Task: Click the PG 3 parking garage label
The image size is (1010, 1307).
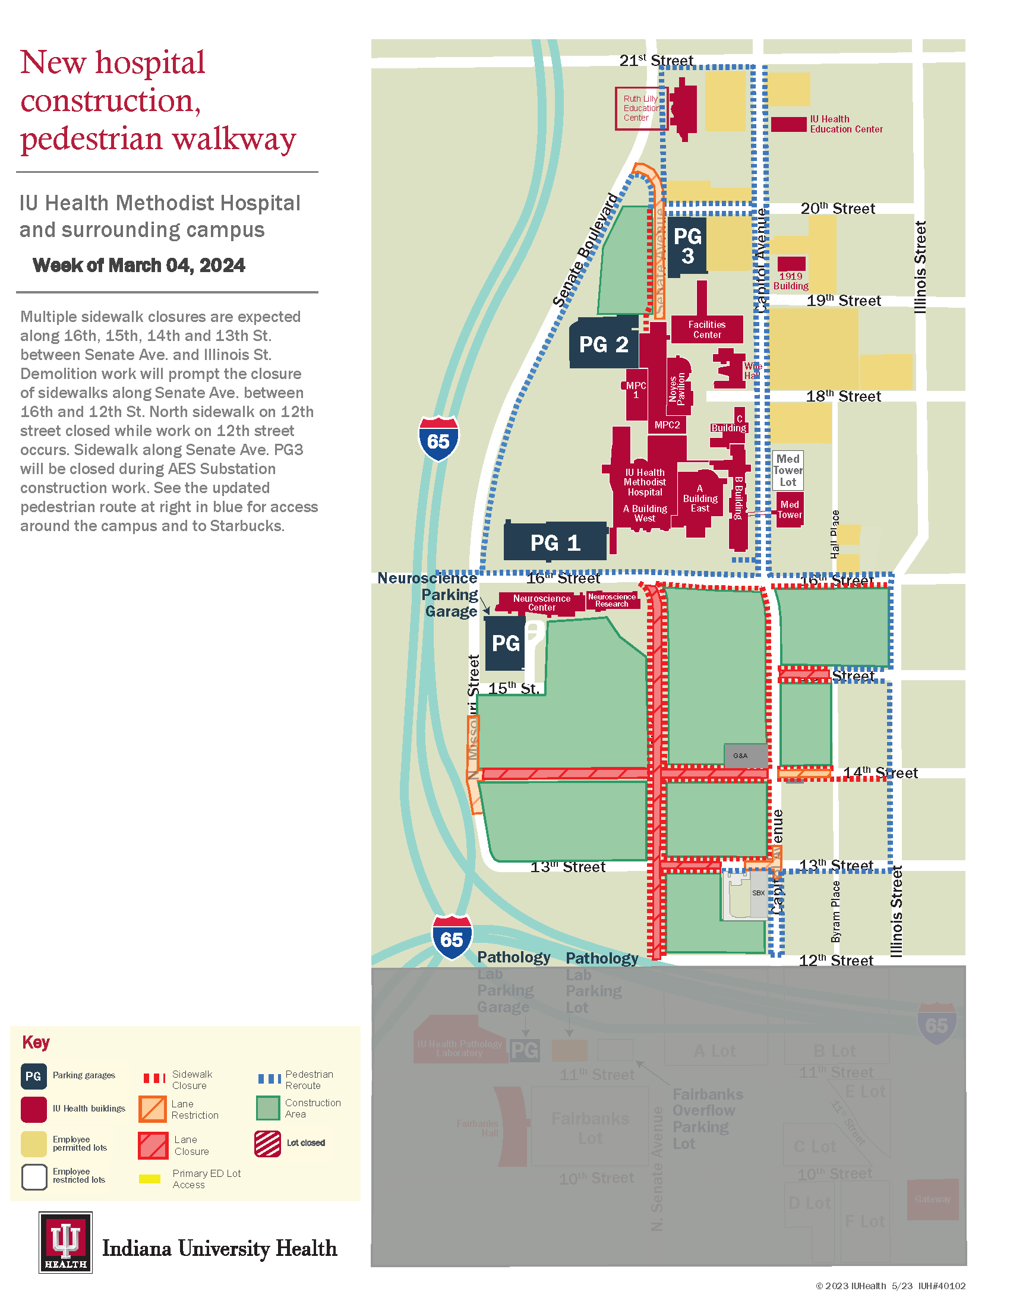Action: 687,246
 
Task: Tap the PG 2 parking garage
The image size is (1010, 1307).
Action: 603,344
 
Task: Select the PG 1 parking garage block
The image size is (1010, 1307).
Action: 555,542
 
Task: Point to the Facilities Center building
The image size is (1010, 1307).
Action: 706,329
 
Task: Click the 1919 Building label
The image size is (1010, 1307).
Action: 790,280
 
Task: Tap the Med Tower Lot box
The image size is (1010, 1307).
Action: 787,471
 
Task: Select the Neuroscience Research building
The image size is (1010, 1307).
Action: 611,600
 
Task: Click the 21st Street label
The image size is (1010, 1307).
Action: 656,61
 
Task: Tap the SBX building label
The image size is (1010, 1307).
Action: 758,893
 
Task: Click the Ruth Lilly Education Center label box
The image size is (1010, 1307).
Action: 640,108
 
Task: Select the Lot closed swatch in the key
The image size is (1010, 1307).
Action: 267,1144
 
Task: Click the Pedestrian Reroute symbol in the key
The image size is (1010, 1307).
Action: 269,1079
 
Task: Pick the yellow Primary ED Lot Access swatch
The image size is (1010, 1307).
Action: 150,1179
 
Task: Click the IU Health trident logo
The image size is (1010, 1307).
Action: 66,1242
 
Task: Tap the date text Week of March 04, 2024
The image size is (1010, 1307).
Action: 139,265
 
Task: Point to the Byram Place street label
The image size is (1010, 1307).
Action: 836,911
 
